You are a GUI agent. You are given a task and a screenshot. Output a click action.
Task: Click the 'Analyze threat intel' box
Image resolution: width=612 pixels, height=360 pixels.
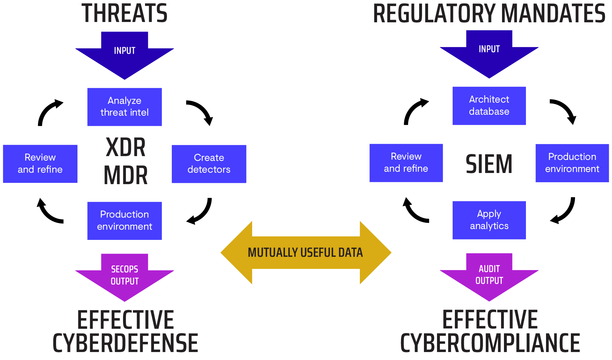(x=125, y=107)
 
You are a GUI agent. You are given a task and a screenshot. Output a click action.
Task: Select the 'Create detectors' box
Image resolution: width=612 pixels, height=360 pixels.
(x=209, y=164)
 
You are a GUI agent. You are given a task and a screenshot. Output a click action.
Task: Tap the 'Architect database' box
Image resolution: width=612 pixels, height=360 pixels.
(x=489, y=105)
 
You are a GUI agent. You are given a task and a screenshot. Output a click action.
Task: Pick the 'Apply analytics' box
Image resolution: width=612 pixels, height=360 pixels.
(x=489, y=220)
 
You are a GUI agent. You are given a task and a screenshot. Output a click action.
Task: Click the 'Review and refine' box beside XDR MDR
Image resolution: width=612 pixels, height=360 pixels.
(x=40, y=164)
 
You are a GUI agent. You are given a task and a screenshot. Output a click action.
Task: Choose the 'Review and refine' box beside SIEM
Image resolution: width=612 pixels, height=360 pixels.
(x=406, y=163)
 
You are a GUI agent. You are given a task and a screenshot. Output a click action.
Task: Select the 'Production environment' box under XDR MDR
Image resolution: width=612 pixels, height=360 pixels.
(x=125, y=220)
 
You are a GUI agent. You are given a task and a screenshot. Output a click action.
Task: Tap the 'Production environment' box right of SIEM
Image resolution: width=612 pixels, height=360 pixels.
(x=572, y=163)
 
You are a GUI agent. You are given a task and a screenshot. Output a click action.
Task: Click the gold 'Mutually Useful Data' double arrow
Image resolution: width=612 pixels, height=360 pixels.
(x=306, y=252)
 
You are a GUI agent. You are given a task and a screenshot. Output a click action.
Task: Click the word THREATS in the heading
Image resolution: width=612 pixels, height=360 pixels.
(x=124, y=13)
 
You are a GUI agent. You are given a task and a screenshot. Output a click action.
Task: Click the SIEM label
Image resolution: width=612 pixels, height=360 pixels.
(x=489, y=164)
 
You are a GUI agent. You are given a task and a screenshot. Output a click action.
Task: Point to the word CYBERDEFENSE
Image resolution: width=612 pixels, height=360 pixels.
(x=125, y=343)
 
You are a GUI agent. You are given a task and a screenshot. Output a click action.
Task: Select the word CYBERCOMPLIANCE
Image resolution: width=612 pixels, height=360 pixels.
(x=490, y=343)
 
